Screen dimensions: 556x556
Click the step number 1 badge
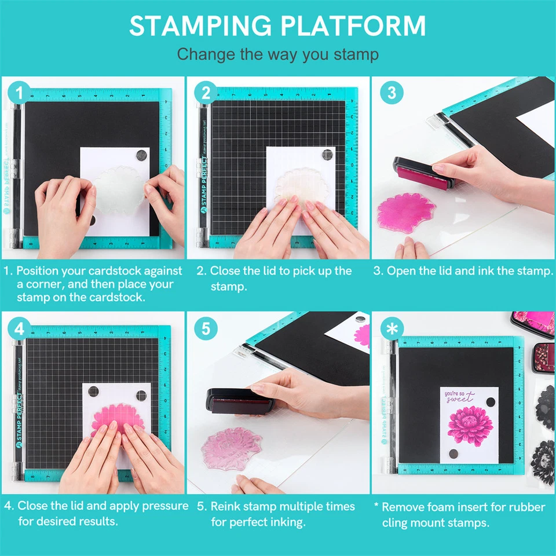point(19,93)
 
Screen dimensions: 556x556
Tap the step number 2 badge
point(205,93)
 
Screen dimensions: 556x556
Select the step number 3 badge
point(391,93)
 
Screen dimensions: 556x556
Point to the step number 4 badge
point(19,328)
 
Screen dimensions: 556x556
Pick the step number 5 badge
point(205,328)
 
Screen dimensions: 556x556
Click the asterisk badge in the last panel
point(391,328)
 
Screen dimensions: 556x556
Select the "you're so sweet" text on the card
point(459,397)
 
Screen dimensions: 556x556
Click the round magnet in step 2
point(328,155)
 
